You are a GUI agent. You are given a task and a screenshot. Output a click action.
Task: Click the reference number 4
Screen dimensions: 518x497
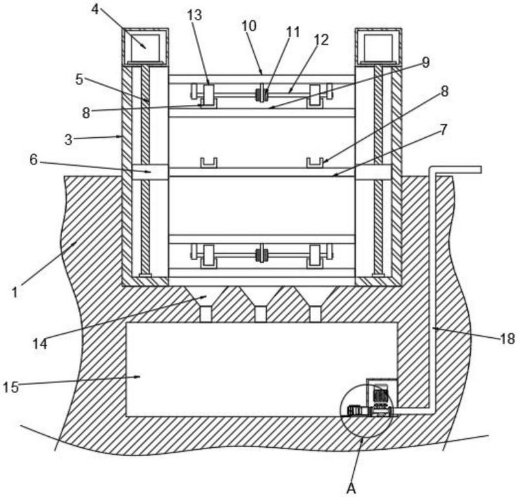pos(95,10)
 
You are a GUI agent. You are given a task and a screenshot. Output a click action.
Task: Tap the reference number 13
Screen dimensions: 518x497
pos(194,15)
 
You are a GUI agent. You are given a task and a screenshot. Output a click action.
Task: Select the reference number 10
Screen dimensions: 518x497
pos(249,26)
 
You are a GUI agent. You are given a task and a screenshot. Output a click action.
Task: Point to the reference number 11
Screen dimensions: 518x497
pos(293,32)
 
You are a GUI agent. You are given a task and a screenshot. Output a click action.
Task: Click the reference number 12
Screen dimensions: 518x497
pos(322,40)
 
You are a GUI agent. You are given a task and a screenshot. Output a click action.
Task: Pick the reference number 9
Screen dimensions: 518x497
pos(426,62)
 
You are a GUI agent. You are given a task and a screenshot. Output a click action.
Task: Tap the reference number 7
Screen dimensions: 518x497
pos(444,129)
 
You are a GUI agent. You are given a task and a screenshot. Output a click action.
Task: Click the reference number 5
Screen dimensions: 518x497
pos(79,79)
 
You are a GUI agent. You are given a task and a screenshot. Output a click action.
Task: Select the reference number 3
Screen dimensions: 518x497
pos(68,140)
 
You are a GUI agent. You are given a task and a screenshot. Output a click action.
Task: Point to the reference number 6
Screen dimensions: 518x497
pos(34,160)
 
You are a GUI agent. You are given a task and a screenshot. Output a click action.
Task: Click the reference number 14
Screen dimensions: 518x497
pos(40,344)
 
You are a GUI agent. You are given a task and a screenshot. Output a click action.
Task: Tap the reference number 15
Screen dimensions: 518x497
pos(11,387)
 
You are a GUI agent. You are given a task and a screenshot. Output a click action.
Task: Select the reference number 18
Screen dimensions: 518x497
pos(508,338)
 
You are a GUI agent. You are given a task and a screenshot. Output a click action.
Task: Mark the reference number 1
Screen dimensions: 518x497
pos(14,293)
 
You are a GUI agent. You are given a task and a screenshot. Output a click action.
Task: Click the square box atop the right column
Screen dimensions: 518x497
pos(378,45)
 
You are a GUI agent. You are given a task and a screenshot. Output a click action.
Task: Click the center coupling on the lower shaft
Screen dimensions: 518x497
pos(262,254)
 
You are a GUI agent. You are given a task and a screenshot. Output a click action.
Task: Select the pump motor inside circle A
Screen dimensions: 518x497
pos(381,395)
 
